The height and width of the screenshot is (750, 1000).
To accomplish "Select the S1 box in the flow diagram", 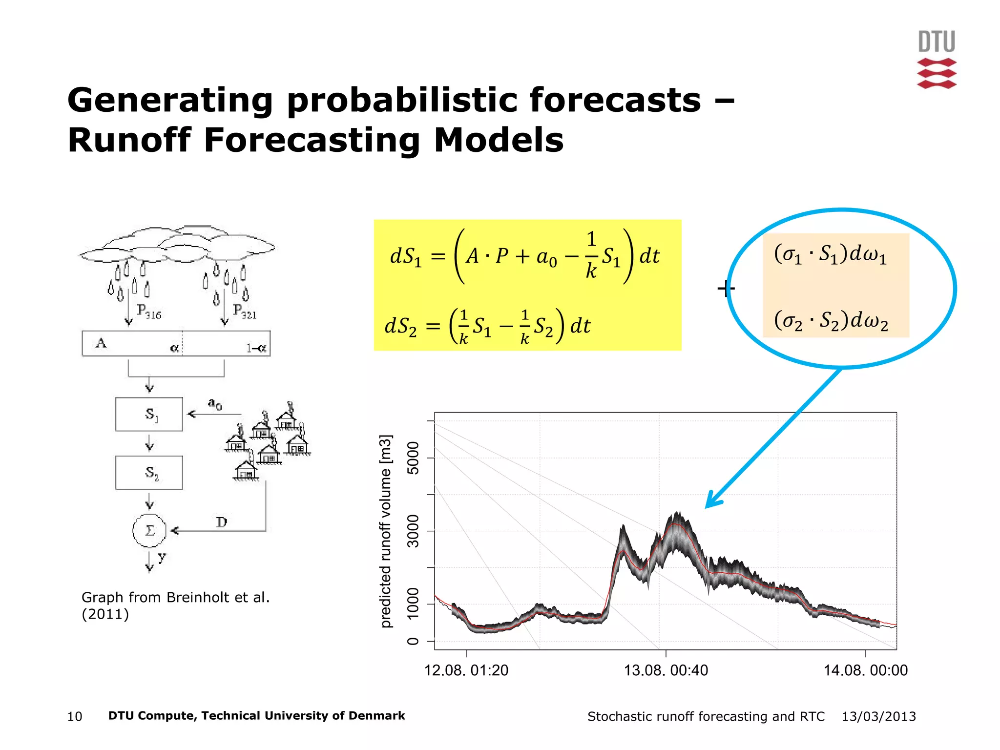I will click(x=149, y=414).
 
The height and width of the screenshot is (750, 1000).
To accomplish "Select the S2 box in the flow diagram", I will click(x=149, y=473).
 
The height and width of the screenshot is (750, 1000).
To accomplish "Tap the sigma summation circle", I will click(x=149, y=531).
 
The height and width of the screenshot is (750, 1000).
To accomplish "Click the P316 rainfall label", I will click(x=149, y=312).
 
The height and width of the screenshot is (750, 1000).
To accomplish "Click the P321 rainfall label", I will click(x=245, y=312).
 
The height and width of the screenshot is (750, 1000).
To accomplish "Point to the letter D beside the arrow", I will click(x=222, y=522).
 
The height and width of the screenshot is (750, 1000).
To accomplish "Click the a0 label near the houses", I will click(x=215, y=404).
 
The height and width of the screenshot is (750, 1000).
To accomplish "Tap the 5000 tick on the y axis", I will click(x=413, y=458).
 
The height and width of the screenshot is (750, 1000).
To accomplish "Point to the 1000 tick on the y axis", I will click(x=413, y=604).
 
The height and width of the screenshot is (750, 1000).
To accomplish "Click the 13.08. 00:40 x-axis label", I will click(x=666, y=670).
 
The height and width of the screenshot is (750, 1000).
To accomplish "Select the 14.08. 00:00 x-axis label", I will click(x=865, y=670).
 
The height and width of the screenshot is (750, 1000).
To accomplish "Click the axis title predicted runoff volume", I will click(x=386, y=531).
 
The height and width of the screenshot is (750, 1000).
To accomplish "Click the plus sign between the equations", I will click(x=726, y=289).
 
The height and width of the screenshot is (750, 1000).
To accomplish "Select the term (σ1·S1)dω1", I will click(x=830, y=254).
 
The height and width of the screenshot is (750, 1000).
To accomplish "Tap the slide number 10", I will click(x=75, y=716).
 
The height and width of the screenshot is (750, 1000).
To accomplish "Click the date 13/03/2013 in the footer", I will click(x=878, y=716).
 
